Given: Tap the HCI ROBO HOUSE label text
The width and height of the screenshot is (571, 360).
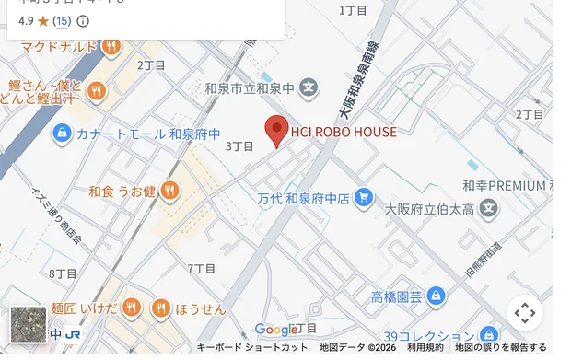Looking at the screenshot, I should [344, 132].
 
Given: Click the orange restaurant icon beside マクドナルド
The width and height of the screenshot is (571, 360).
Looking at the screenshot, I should [111, 46].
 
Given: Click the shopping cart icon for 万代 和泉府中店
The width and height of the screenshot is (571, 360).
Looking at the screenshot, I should [365, 197].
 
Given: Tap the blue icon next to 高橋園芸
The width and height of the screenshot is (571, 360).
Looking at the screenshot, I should [436, 296].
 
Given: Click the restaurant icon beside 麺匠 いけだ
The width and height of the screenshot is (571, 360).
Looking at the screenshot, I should [132, 308].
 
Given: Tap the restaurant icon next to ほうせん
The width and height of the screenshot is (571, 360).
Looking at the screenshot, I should [161, 308].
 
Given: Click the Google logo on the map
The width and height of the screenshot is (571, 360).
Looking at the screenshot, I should [275, 330].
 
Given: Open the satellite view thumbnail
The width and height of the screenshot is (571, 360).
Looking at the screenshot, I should [29, 324].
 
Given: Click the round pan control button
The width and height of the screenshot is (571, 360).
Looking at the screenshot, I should [525, 313].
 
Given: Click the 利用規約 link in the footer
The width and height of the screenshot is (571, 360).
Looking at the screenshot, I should [425, 347].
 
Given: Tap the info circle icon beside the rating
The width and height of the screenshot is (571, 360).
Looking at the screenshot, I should [83, 20].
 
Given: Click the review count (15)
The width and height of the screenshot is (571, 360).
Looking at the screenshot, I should [61, 20].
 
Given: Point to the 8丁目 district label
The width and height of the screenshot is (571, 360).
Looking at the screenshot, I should [63, 273].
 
